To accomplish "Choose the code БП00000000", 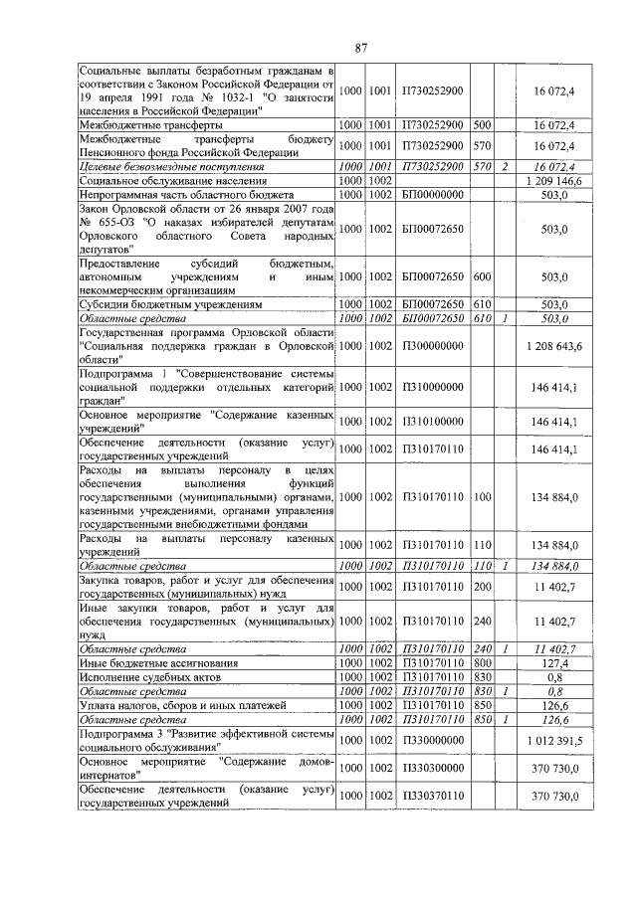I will [x=431, y=196].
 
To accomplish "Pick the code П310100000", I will [x=431, y=422].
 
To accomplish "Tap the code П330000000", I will [x=431, y=741].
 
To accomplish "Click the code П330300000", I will [x=431, y=772].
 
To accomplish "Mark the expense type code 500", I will [x=483, y=126].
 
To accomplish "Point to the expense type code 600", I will [x=483, y=275].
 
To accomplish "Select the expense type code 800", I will [x=483, y=660].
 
